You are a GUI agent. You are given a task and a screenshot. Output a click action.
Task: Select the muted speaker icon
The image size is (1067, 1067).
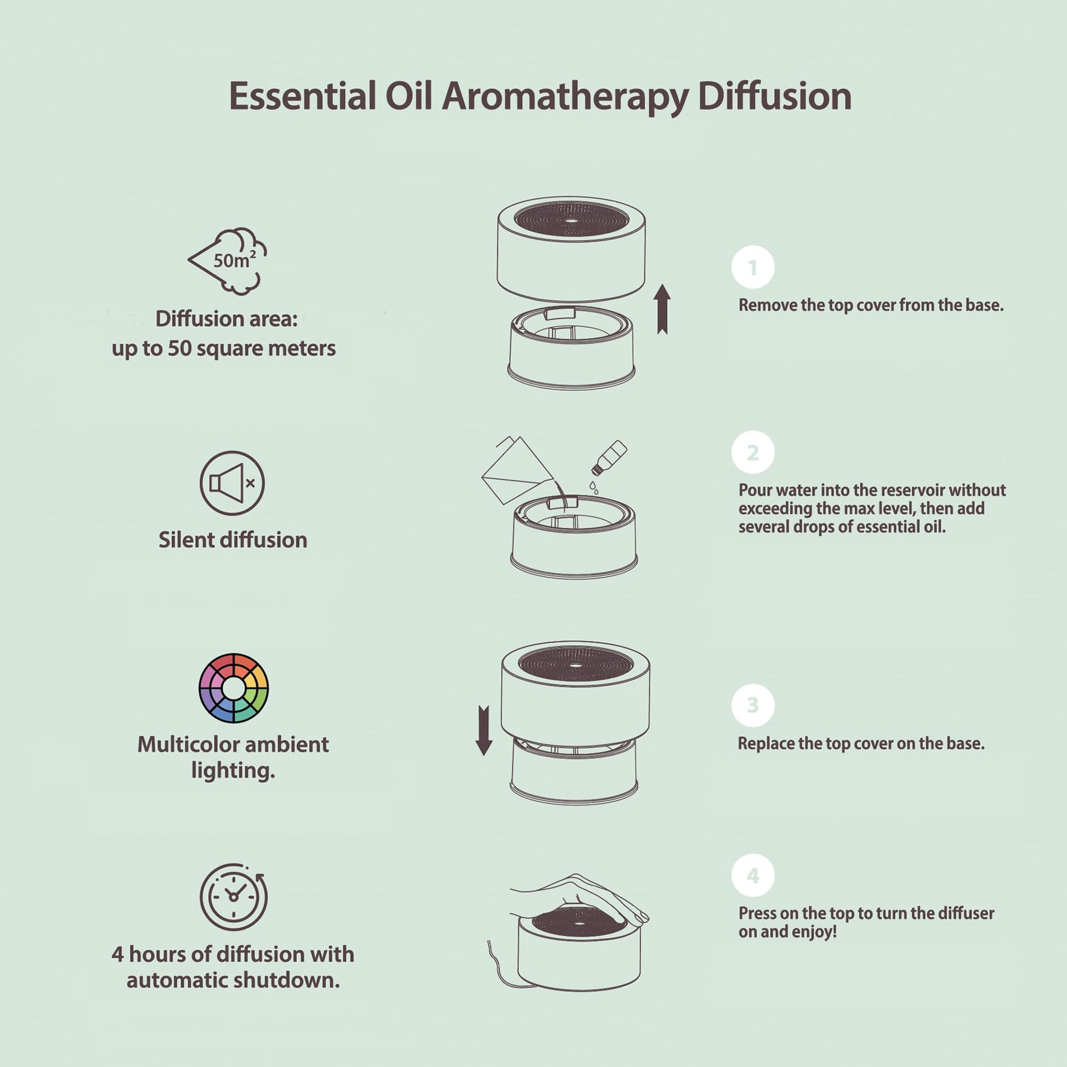pos(232,483)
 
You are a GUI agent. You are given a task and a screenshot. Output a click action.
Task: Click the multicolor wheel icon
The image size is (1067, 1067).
pos(234,688)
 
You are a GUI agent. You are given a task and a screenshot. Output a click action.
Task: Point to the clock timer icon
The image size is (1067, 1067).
pos(234,897)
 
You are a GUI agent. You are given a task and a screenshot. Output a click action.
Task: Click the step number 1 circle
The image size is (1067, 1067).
pos(753,268)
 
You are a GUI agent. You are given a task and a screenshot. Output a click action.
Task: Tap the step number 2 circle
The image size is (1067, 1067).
pos(753,452)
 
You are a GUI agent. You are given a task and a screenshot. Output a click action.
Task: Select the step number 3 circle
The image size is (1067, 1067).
pos(753,705)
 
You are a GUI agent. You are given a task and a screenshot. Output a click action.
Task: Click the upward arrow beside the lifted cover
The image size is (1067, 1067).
pos(662,309)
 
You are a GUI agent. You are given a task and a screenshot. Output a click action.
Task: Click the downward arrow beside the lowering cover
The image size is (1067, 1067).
pos(484,730)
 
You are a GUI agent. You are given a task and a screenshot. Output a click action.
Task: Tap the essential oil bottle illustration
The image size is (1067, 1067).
pos(609,458)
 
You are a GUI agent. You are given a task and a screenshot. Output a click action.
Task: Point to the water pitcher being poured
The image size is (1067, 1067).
pos(518,470)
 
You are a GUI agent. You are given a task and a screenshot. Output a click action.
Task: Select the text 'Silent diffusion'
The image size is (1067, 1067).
pos(232,540)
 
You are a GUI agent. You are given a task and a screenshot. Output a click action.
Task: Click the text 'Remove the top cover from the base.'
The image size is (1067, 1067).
pos(871,305)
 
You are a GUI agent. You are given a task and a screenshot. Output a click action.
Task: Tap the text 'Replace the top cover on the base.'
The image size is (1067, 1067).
pos(861,744)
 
